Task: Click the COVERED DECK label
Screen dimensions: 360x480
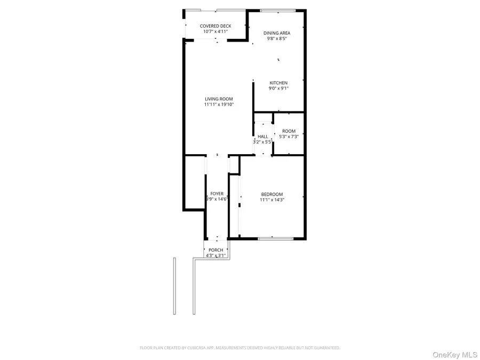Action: [215, 26]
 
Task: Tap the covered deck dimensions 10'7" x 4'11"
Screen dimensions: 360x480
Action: [215, 31]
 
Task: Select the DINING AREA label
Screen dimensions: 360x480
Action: [277, 33]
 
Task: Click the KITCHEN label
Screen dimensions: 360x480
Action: [278, 83]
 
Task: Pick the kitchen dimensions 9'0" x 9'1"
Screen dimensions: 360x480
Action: [278, 89]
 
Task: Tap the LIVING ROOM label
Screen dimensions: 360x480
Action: [219, 99]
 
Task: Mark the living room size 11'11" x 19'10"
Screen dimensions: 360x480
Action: [219, 105]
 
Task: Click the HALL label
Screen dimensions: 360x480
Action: [263, 136]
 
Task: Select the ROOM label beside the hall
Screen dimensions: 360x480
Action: [289, 131]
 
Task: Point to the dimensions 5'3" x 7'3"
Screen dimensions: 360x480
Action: [289, 137]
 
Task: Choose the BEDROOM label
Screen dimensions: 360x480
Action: [272, 194]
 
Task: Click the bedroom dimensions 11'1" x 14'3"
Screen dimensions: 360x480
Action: [272, 200]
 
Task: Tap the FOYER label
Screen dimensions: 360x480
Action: [217, 194]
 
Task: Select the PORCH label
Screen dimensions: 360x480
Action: [216, 250]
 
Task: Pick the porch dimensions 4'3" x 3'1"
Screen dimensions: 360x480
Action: [216, 256]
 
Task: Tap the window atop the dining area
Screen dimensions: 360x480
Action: [278, 10]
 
